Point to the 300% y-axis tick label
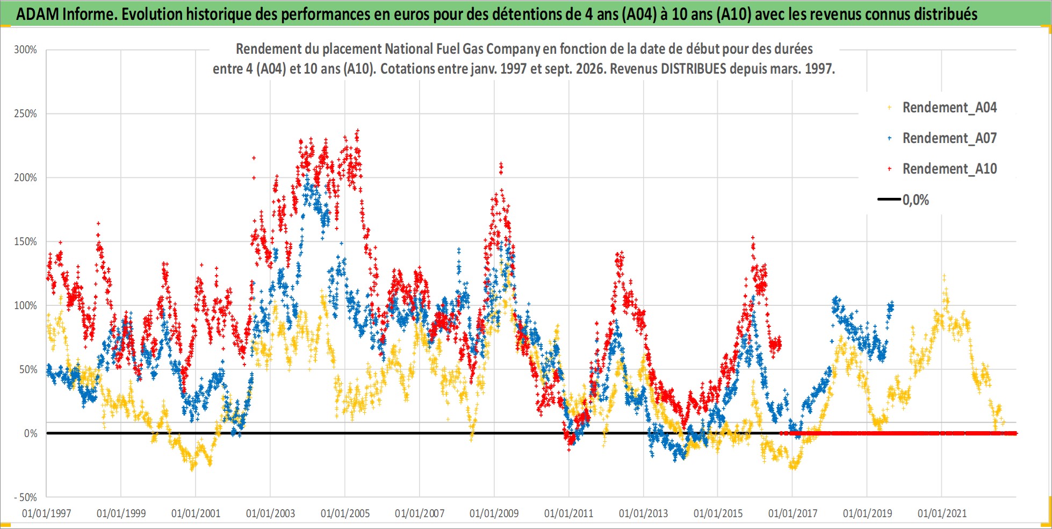pos(25,50)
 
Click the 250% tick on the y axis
pos(25,114)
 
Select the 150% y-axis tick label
pos(25,242)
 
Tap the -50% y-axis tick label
pos(25,497)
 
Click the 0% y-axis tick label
pos(31,433)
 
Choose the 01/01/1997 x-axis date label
pos(46,513)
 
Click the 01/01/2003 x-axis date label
pos(270,513)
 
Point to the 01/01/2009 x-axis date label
pos(494,513)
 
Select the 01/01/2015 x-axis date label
pos(718,513)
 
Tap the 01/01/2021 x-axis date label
pos(942,513)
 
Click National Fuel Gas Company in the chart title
pos(462,49)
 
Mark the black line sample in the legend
pos(889,199)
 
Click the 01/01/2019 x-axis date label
pos(867,513)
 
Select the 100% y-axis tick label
pos(25,306)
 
